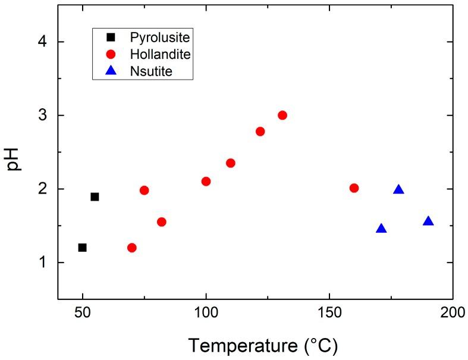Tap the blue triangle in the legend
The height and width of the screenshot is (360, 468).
pos(110,72)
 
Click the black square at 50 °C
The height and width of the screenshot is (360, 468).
pos(83,247)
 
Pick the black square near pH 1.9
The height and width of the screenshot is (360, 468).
pos(95,197)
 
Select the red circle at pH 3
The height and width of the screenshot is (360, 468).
pos(282,115)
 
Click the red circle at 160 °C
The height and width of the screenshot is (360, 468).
pos(354,188)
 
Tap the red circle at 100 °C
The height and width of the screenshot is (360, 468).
pos(206,181)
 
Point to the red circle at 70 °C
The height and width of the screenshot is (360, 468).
pos(132,248)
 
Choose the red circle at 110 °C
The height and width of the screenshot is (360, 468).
pos(231,163)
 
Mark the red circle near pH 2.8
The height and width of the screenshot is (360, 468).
pos(260,131)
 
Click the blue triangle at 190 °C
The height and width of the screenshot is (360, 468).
pos(428,222)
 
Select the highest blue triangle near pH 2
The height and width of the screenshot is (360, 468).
pos(398,190)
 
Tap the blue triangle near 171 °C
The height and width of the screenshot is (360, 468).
pos(381,229)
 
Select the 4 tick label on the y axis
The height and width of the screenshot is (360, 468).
pos(43,42)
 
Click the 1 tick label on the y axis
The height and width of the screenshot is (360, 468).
pos(43,262)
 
